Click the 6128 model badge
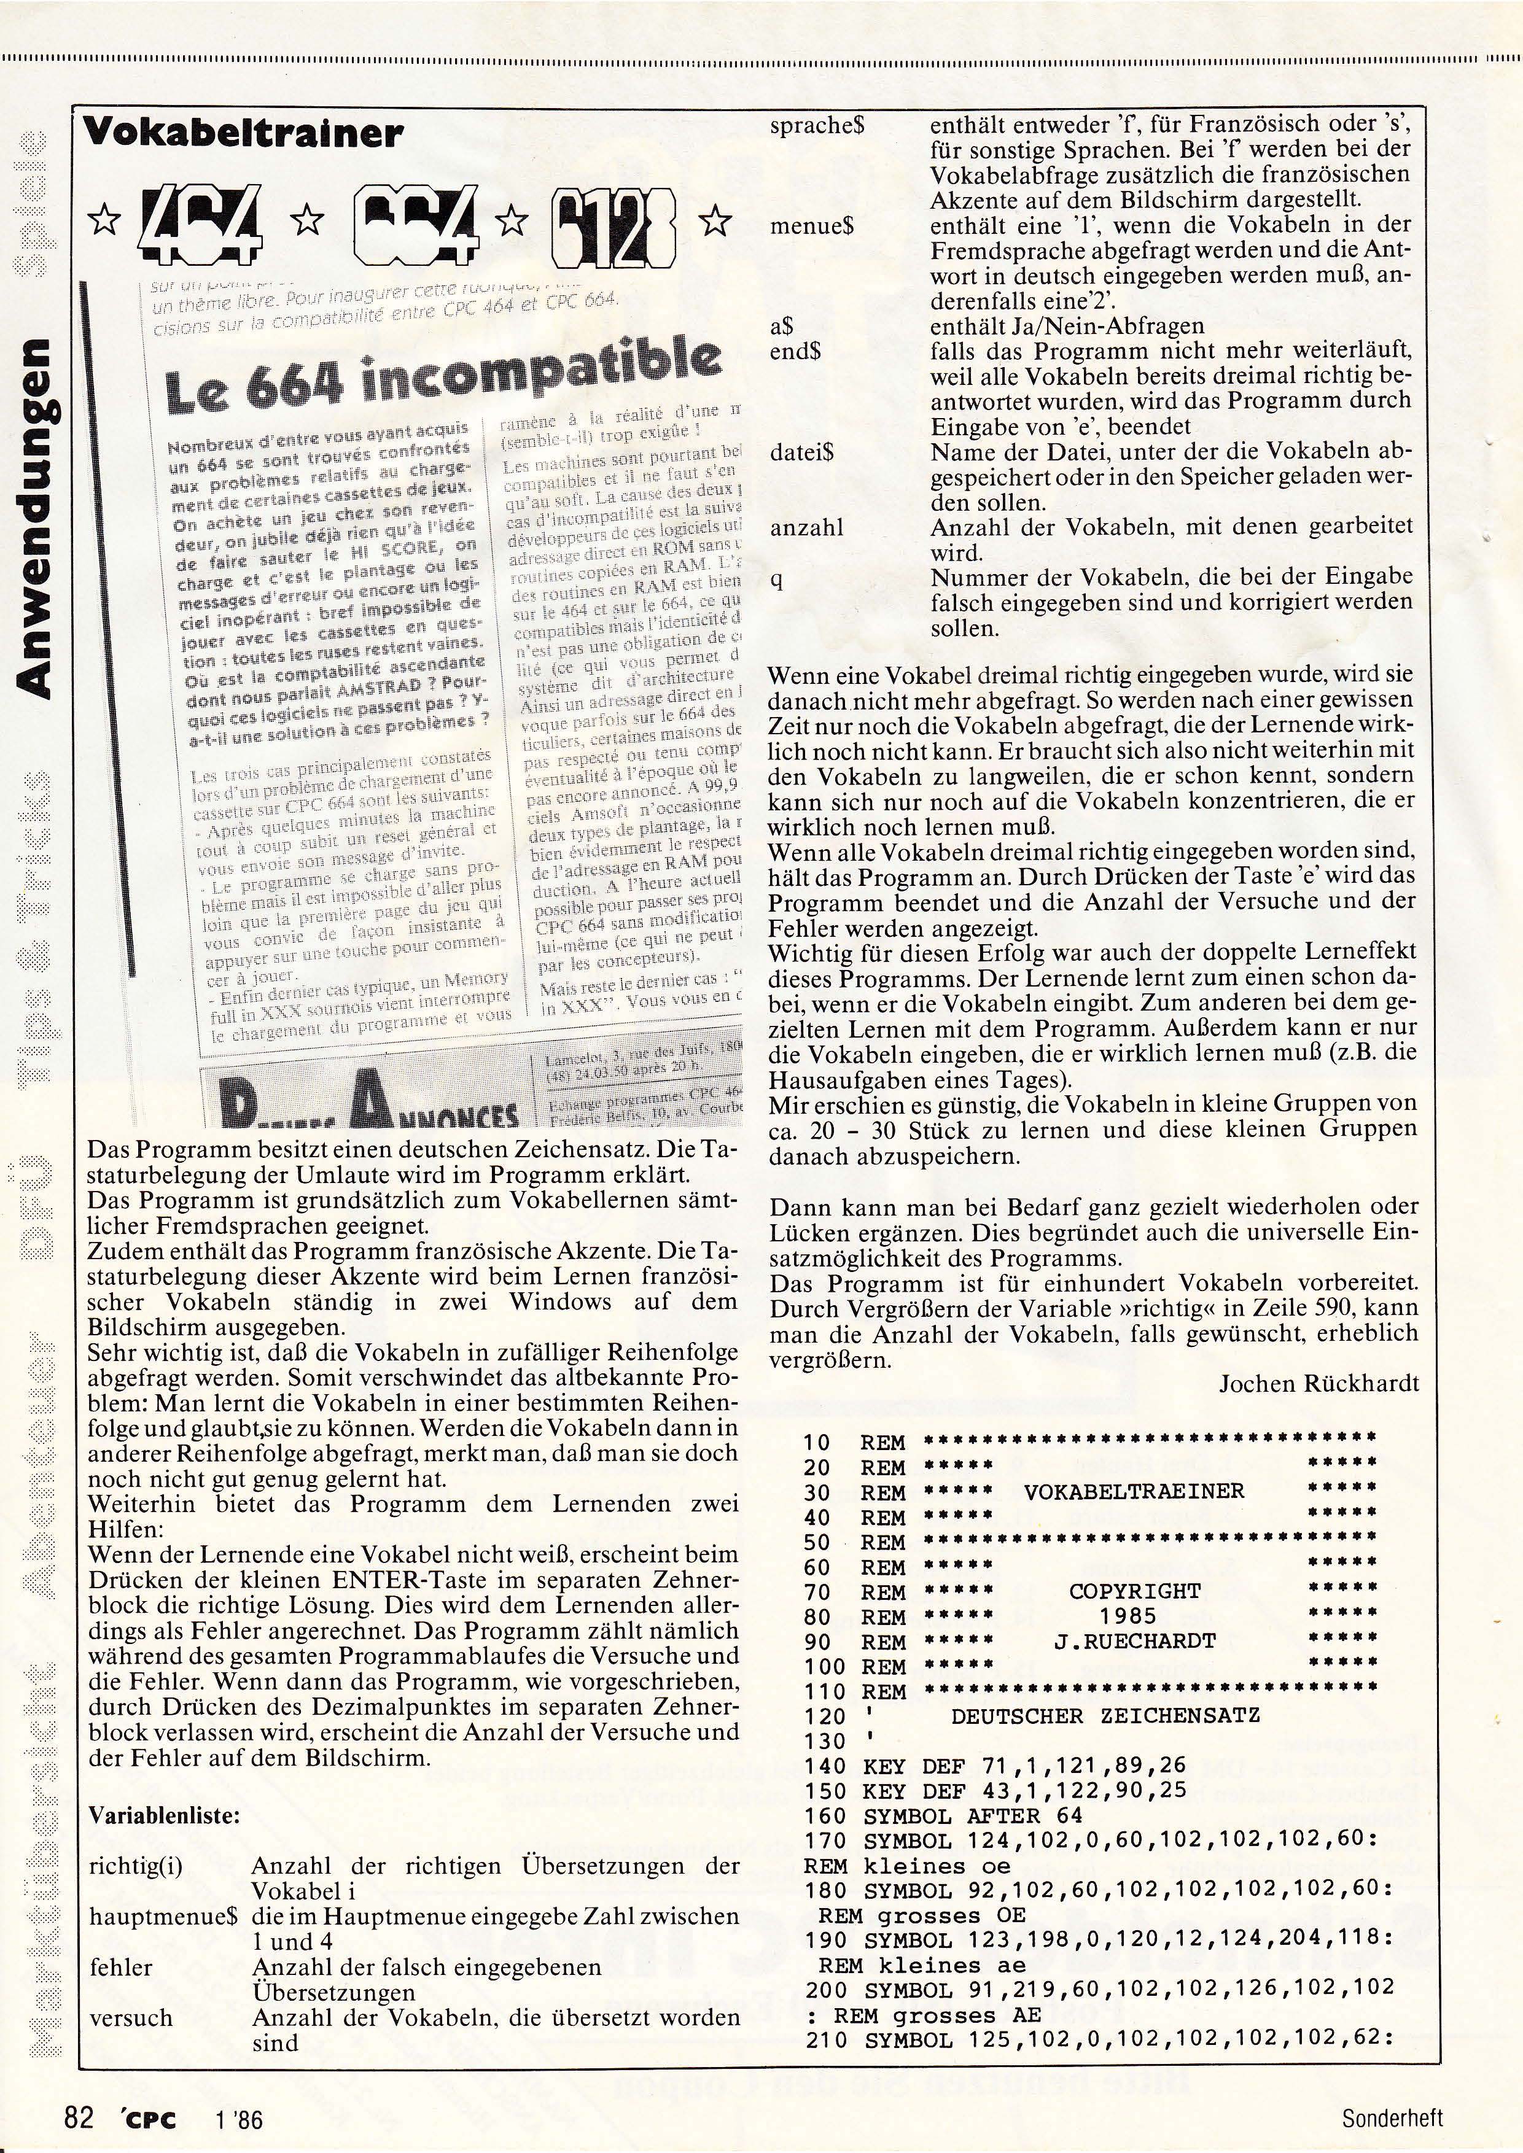click(x=612, y=224)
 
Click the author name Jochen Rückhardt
click(x=1318, y=1384)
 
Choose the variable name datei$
click(x=802, y=452)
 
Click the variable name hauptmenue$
click(x=162, y=1918)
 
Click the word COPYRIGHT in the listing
click(x=1134, y=1591)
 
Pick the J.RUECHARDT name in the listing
click(x=1135, y=1641)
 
